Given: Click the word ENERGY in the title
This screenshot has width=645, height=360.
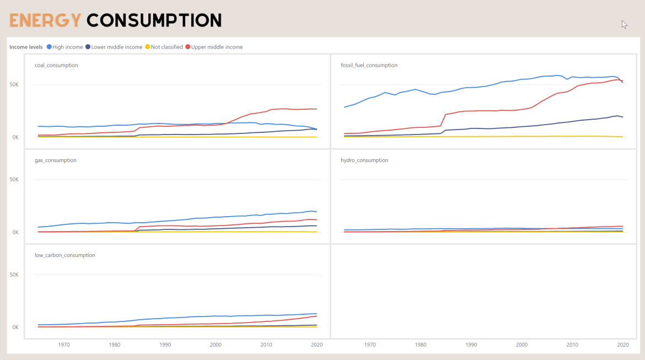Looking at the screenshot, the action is click(45, 20).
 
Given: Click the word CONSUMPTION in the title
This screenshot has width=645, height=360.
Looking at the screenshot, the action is click(154, 20).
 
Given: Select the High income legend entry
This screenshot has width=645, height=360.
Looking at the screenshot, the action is click(64, 47).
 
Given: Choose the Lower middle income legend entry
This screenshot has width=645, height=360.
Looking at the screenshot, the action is click(114, 47).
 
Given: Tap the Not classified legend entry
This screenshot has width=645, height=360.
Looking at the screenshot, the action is click(164, 47).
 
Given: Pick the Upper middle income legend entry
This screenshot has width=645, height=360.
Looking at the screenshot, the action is click(214, 47).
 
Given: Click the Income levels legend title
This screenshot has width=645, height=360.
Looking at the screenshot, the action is click(26, 47).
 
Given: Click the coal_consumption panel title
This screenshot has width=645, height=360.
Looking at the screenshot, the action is click(56, 65).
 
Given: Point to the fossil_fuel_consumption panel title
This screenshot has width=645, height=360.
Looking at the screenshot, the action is click(369, 65).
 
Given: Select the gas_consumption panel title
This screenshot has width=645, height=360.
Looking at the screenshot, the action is click(56, 160).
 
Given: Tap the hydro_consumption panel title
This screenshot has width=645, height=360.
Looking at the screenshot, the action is click(364, 160).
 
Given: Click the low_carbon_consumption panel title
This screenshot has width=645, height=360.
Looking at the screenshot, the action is click(65, 255).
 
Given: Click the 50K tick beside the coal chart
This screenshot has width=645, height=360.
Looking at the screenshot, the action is click(14, 84).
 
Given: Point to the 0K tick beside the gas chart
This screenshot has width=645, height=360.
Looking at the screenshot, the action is click(15, 232).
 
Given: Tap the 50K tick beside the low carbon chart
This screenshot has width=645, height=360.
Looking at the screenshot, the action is click(14, 275).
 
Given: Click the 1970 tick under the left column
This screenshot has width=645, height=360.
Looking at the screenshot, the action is click(64, 345).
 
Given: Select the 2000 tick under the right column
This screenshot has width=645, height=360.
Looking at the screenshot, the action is click(522, 345).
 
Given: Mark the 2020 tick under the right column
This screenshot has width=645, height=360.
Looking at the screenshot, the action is click(623, 345).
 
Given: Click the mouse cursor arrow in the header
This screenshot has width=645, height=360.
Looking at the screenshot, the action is click(624, 24).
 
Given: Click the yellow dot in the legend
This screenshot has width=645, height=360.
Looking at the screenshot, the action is click(147, 47).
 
